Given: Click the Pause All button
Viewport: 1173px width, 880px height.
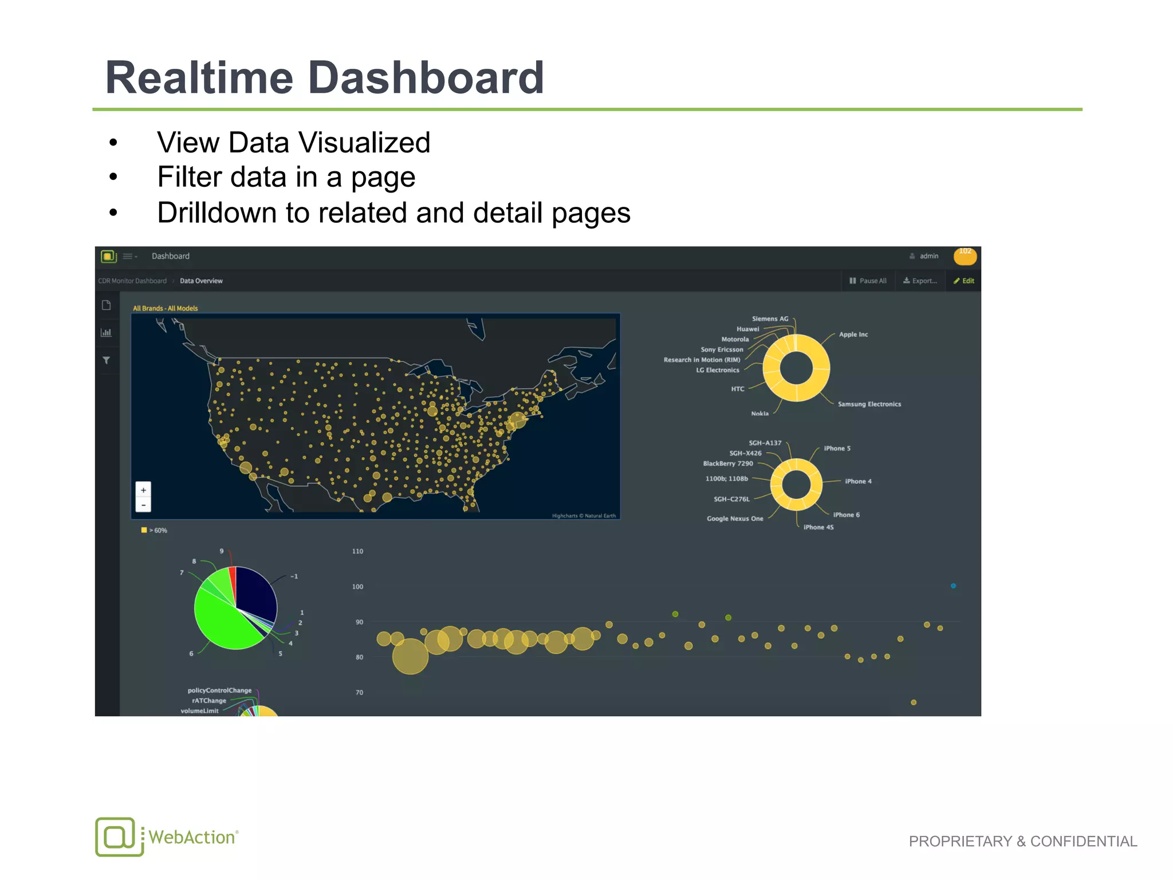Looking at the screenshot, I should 868,281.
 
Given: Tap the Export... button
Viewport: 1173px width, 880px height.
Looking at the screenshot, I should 920,281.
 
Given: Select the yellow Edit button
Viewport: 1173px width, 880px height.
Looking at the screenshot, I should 964,281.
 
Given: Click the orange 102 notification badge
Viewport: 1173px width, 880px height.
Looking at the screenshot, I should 965,256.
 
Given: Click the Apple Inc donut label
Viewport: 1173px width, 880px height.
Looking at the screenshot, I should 853,335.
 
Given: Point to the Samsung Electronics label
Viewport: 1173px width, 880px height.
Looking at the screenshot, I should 869,404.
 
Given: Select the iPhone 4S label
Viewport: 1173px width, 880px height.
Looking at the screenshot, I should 818,528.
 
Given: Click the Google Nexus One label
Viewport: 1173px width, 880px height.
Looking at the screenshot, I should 735,519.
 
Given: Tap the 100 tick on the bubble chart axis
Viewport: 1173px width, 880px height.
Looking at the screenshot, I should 357,587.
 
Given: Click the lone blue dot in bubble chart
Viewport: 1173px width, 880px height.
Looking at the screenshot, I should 953,586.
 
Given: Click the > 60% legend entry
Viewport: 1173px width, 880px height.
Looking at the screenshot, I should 155,531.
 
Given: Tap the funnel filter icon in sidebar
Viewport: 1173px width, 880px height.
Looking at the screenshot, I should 106,360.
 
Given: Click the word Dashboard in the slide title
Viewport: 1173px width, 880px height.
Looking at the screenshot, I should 426,78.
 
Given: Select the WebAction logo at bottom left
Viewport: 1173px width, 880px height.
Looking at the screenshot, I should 166,837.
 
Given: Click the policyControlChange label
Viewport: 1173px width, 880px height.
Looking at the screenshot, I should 219,691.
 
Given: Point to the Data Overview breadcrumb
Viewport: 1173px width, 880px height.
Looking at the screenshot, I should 201,281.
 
